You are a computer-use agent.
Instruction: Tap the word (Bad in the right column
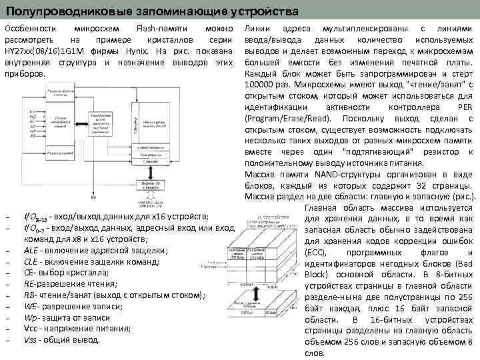pyautogui.click(x=463, y=264)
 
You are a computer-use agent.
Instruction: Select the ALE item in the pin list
pyautogui.click(x=31, y=251)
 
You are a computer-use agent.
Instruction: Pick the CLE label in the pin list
pyautogui.click(x=31, y=262)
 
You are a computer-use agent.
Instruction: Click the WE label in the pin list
pyautogui.click(x=31, y=307)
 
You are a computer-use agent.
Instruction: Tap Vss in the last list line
pyautogui.click(x=31, y=340)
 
